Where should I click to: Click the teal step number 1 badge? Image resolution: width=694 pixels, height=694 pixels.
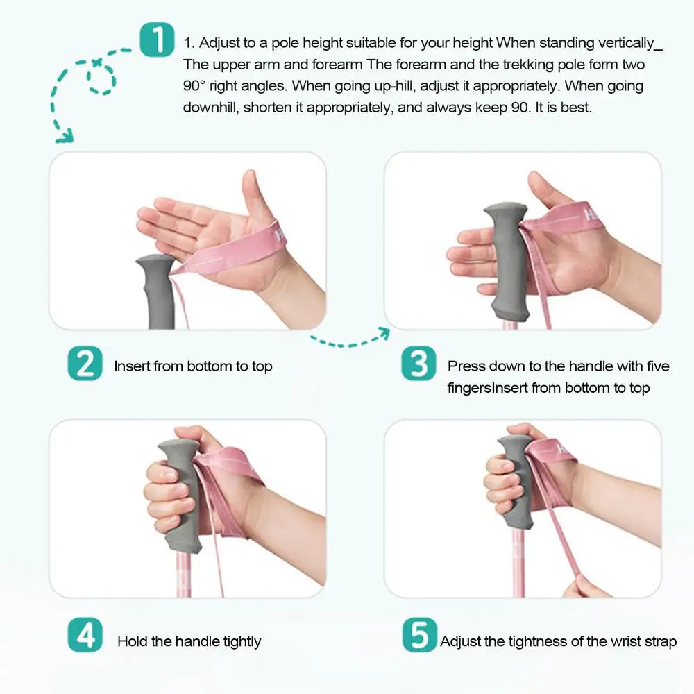point(156,41)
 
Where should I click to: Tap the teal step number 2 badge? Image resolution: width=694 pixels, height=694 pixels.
point(85,365)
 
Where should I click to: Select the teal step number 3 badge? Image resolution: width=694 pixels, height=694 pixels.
point(418,365)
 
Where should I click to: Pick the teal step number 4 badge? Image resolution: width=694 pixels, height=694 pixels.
point(85,636)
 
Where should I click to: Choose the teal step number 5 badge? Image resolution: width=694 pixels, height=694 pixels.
point(419,636)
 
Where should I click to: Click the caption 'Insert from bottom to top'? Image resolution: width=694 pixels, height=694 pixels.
point(193,366)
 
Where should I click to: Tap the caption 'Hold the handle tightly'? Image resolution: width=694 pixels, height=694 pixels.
point(189,642)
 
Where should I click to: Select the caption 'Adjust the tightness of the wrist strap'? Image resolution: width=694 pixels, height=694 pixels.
point(558,642)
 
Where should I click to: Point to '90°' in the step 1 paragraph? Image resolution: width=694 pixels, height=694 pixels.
point(198,86)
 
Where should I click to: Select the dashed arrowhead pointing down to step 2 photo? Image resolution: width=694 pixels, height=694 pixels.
point(64,135)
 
